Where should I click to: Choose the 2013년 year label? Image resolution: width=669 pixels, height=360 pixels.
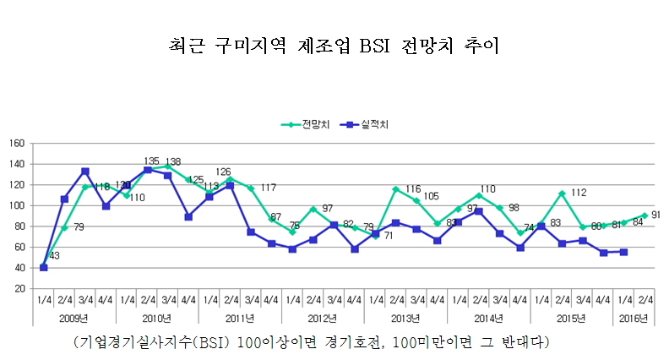pyautogui.click(x=405, y=319)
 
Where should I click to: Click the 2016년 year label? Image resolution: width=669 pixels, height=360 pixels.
pyautogui.click(x=634, y=319)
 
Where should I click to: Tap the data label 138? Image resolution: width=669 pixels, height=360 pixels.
pyautogui.click(x=173, y=161)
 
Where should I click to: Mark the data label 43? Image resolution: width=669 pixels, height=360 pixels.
pyautogui.click(x=54, y=256)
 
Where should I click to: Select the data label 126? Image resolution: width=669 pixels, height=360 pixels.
pyautogui.click(x=224, y=172)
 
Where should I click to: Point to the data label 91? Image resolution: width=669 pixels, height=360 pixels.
pyautogui.click(x=656, y=215)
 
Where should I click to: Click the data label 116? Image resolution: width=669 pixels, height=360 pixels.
pyautogui.click(x=414, y=188)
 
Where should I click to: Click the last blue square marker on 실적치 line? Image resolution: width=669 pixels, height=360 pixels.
pyautogui.click(x=624, y=252)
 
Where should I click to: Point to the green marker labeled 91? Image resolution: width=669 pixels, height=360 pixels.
pyautogui.click(x=645, y=215)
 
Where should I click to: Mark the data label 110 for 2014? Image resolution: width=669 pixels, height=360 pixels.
pyautogui.click(x=487, y=189)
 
